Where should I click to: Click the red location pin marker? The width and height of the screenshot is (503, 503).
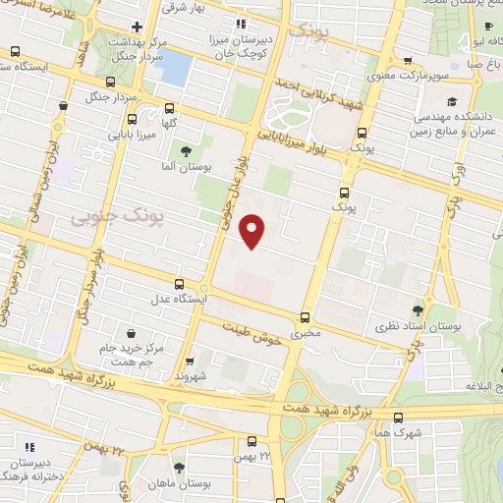coord(253,230)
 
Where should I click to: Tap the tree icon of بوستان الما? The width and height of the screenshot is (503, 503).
coord(186,150)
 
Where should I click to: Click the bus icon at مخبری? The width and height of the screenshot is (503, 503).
coord(305,317)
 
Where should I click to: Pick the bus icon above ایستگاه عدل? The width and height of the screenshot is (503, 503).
coord(178,283)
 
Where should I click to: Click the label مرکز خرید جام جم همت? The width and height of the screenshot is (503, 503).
coord(128,355)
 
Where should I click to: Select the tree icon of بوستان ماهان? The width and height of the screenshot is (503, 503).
coord(179,469)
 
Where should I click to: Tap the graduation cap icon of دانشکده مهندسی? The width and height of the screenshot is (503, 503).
coord(452,101)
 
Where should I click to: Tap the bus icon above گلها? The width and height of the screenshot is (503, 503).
coord(171,109)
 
